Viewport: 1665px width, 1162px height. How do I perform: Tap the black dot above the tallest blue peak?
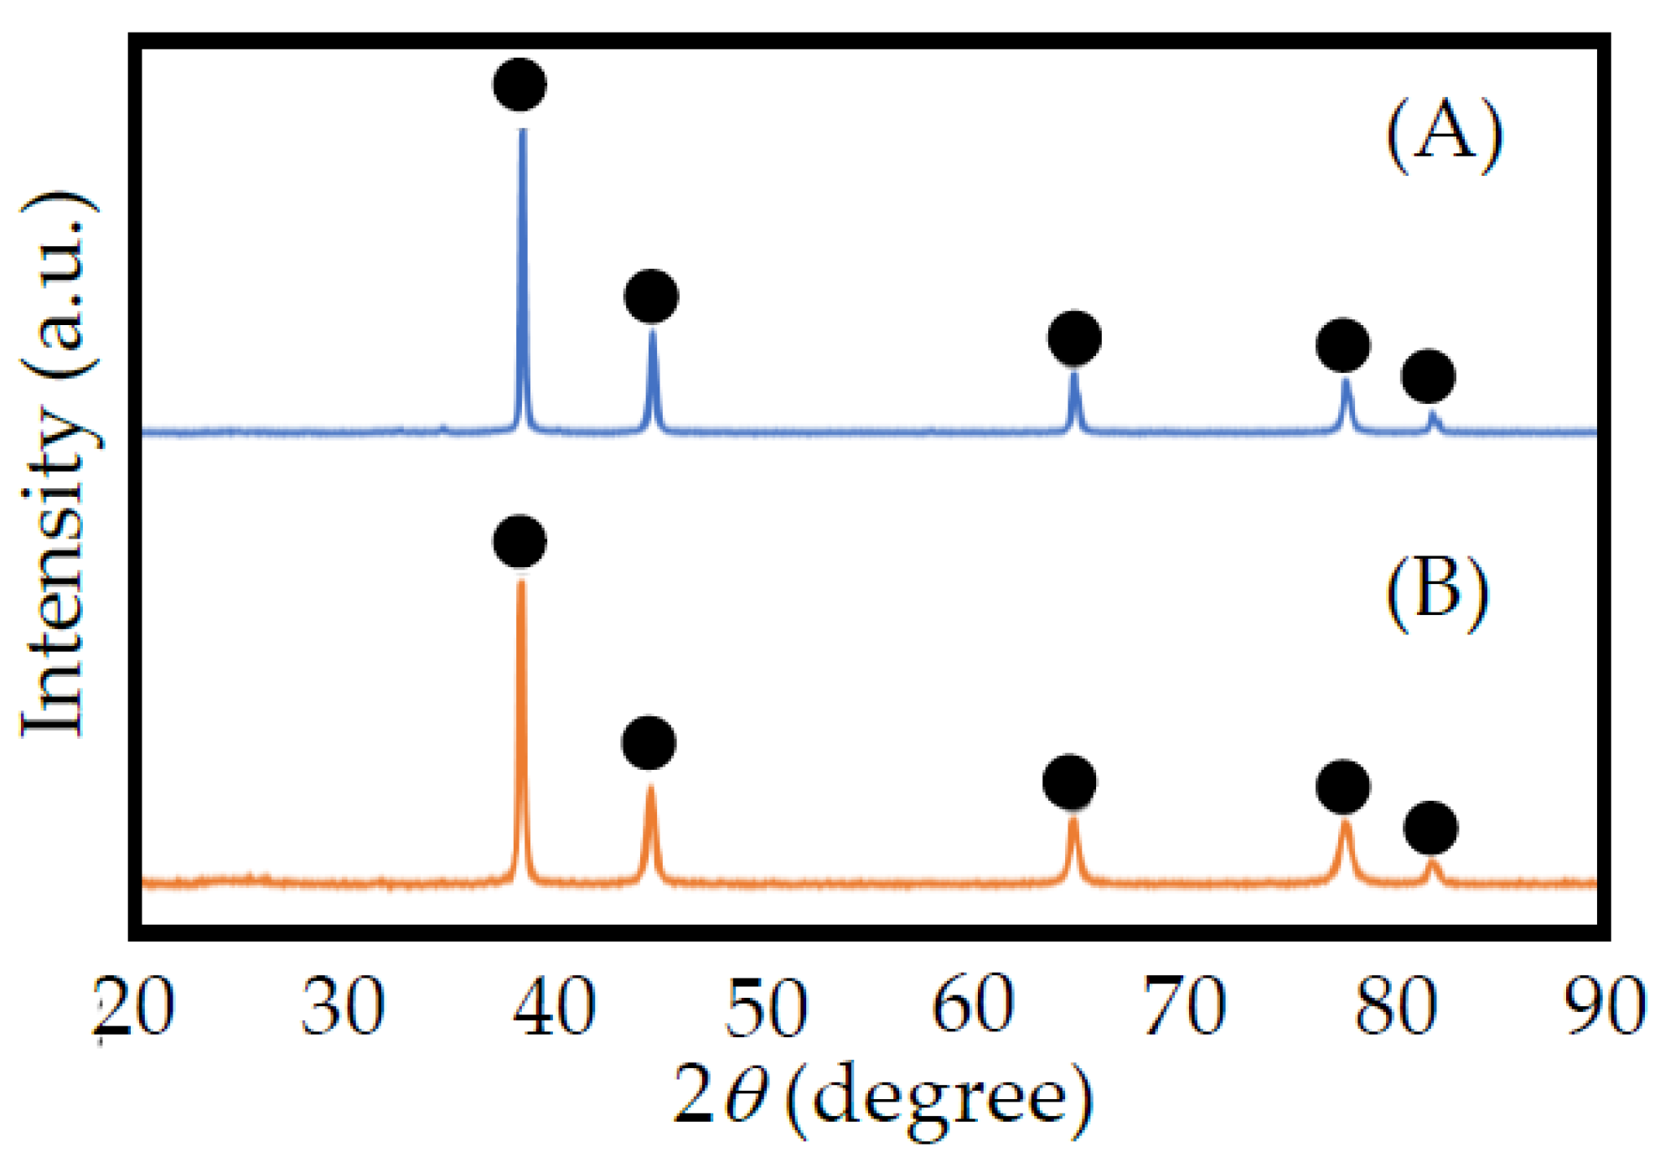click(520, 85)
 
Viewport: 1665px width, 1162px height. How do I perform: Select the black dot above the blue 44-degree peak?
click(651, 297)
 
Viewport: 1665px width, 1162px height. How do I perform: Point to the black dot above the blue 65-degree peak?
click(1074, 338)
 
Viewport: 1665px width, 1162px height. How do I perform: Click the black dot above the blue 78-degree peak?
click(1343, 345)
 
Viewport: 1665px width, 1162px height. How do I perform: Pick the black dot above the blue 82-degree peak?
click(1428, 376)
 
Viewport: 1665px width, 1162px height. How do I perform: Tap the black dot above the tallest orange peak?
click(520, 541)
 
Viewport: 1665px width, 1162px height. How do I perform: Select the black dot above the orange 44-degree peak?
click(649, 743)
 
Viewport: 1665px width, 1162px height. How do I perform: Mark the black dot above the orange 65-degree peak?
click(1069, 782)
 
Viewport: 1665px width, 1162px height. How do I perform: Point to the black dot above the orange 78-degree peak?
click(1343, 787)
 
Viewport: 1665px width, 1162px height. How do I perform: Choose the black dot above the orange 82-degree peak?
click(1430, 829)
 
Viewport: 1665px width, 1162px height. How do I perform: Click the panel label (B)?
click(1437, 591)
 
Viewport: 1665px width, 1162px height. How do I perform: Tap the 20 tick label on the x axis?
click(134, 1007)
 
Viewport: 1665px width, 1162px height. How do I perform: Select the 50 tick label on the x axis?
click(766, 1007)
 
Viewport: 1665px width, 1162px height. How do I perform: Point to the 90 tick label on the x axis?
click(1607, 1007)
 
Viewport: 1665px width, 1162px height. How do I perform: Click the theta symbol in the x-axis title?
click(745, 1097)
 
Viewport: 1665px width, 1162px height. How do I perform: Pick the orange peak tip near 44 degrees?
click(650, 788)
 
